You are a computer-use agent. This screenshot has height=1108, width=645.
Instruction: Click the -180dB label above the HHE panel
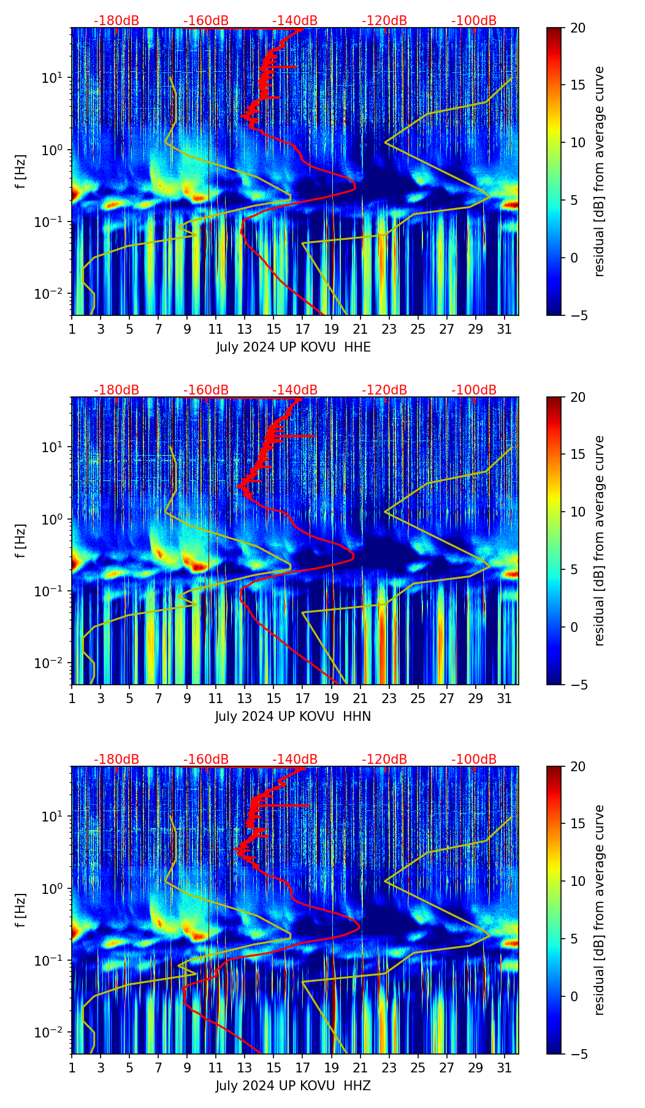[116, 21]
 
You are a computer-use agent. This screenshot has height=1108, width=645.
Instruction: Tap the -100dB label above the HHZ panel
[474, 760]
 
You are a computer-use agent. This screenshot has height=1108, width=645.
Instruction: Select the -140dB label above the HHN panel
[295, 390]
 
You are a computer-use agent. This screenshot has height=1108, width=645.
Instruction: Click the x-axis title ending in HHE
[293, 347]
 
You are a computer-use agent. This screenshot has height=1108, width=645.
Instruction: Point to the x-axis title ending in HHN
[293, 717]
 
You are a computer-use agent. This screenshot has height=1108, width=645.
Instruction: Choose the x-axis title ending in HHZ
[293, 1086]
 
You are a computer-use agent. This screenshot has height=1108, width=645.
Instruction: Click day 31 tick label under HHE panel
[504, 329]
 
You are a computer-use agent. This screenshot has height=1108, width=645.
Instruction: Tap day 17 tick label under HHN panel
[302, 699]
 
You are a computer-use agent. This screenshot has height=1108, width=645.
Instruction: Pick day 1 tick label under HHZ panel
[72, 1068]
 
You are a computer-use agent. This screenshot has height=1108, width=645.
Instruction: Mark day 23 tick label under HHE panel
[389, 329]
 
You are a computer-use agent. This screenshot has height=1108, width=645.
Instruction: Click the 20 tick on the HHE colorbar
[578, 28]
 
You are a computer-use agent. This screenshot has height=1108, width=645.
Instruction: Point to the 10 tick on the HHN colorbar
[578, 512]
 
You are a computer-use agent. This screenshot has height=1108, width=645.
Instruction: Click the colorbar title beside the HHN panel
[600, 541]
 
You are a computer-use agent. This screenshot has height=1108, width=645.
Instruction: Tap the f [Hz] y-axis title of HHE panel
[21, 172]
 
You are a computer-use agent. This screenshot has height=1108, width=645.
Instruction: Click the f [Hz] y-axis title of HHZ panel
[21, 910]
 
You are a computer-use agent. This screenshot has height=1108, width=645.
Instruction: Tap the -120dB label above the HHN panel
[384, 390]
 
